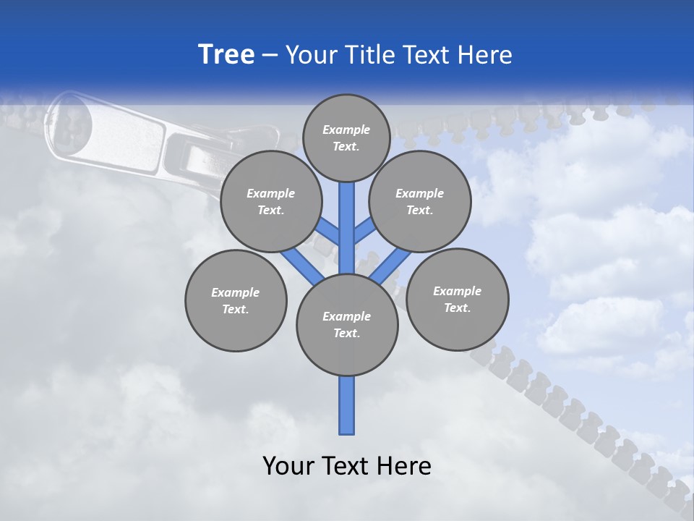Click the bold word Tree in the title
click(226, 54)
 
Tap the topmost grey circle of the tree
click(346, 137)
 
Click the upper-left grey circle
click(270, 202)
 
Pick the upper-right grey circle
click(419, 202)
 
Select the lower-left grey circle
click(236, 301)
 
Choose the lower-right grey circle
click(457, 299)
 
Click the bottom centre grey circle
click(347, 325)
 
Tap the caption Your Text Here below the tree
click(347, 466)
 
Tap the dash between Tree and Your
click(270, 55)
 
